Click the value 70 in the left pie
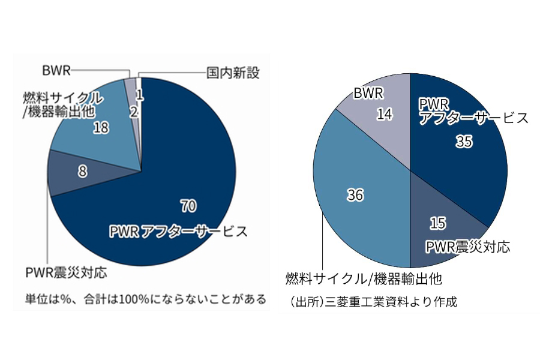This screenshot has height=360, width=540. [187, 206]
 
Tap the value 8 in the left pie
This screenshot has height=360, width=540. [82, 172]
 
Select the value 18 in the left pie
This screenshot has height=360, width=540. [101, 127]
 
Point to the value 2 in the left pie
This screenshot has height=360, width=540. [133, 111]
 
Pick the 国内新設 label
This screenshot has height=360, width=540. [233, 73]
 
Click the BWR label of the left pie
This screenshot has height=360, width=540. [56, 70]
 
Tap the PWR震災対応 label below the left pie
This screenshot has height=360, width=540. [66, 273]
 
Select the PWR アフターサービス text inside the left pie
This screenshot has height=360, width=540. [178, 232]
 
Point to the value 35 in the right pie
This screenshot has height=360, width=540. [464, 142]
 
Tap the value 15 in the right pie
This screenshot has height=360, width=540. [438, 223]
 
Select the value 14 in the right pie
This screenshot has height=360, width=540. [385, 114]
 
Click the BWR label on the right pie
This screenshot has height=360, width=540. [368, 93]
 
